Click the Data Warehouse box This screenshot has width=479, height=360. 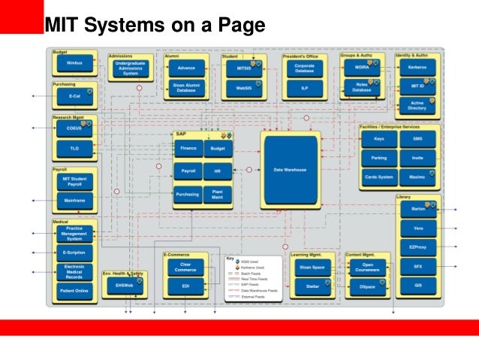(x=290, y=171)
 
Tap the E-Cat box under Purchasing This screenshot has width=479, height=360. (x=74, y=97)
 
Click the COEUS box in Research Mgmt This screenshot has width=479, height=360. (x=74, y=129)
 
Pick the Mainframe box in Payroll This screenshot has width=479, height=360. (x=74, y=202)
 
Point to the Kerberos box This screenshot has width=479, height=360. (x=417, y=68)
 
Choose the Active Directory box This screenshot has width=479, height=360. (x=417, y=104)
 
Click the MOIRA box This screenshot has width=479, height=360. (x=362, y=67)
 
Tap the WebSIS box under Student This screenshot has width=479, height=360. (x=243, y=88)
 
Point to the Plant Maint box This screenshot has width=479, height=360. (x=218, y=194)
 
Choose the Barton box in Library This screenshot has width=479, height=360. (x=418, y=210)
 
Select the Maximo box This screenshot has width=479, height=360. (x=418, y=177)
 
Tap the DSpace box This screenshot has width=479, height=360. (x=368, y=286)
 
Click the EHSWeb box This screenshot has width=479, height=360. (x=123, y=286)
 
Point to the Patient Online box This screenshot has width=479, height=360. (x=74, y=290)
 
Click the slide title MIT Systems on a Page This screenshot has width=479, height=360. (x=155, y=26)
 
